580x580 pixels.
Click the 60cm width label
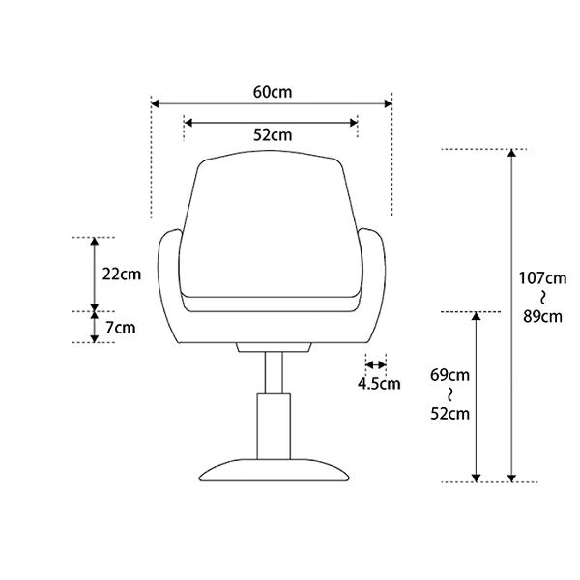[273, 92]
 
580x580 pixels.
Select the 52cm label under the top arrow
[273, 135]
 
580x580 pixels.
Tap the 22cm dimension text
[122, 275]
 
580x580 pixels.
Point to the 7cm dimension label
[121, 328]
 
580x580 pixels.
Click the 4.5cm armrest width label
[379, 384]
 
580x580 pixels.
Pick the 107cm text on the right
[542, 278]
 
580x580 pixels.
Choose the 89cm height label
[543, 317]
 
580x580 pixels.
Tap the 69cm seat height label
[449, 375]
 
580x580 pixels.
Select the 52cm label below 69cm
[449, 414]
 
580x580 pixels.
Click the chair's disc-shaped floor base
[274, 471]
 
